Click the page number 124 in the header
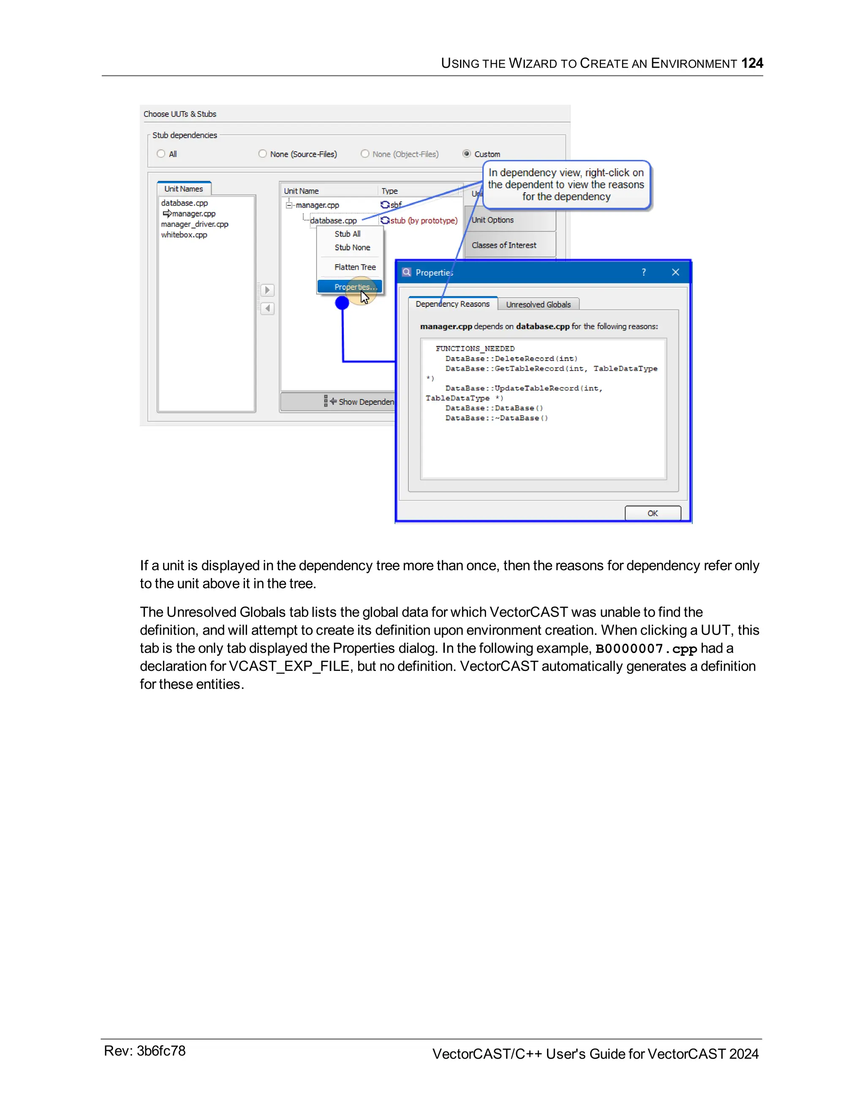point(752,63)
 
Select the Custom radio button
point(466,154)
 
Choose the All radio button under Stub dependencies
point(161,154)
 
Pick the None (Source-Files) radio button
point(262,154)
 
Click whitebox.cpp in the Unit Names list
point(184,235)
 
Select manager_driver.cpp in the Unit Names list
point(194,224)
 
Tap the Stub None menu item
point(352,247)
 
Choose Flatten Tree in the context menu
point(355,267)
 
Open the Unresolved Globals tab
point(538,304)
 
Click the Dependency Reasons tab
point(452,304)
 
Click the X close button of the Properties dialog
point(675,272)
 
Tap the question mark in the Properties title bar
point(644,272)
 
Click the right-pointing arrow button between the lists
point(267,291)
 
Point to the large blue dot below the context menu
point(342,303)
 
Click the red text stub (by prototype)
point(424,220)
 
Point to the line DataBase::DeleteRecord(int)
point(511,359)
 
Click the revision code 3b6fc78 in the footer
point(161,1051)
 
